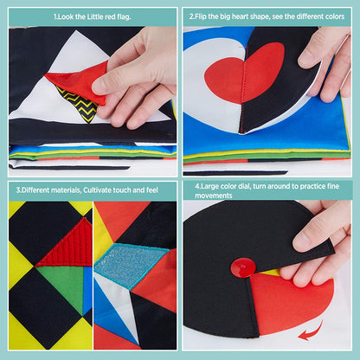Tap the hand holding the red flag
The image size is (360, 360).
coord(138,74)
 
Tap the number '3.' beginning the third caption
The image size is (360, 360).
coord(18,189)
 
